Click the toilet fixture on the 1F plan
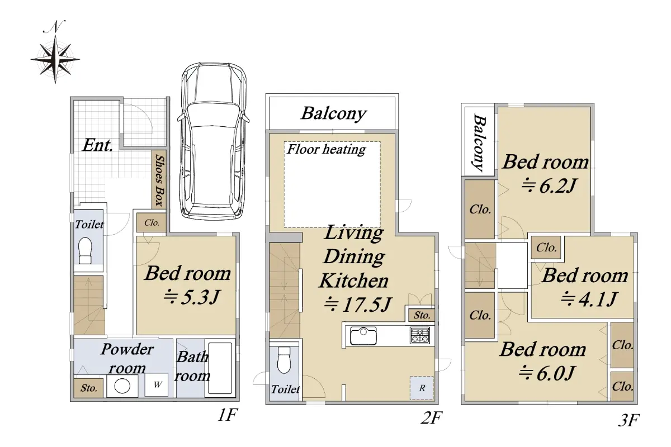[85, 250]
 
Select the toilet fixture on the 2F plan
[284, 360]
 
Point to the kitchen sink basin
[363, 336]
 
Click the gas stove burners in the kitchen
[420, 335]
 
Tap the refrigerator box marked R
[422, 388]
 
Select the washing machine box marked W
[157, 385]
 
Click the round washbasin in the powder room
[122, 386]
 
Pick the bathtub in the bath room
[220, 368]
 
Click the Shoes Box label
[159, 180]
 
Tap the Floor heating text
[327, 149]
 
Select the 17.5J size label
[358, 305]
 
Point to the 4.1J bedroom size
[589, 299]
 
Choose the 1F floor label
[228, 415]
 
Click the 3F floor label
[629, 420]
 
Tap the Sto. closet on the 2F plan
[422, 316]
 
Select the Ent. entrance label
[98, 145]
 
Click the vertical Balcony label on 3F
[479, 142]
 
